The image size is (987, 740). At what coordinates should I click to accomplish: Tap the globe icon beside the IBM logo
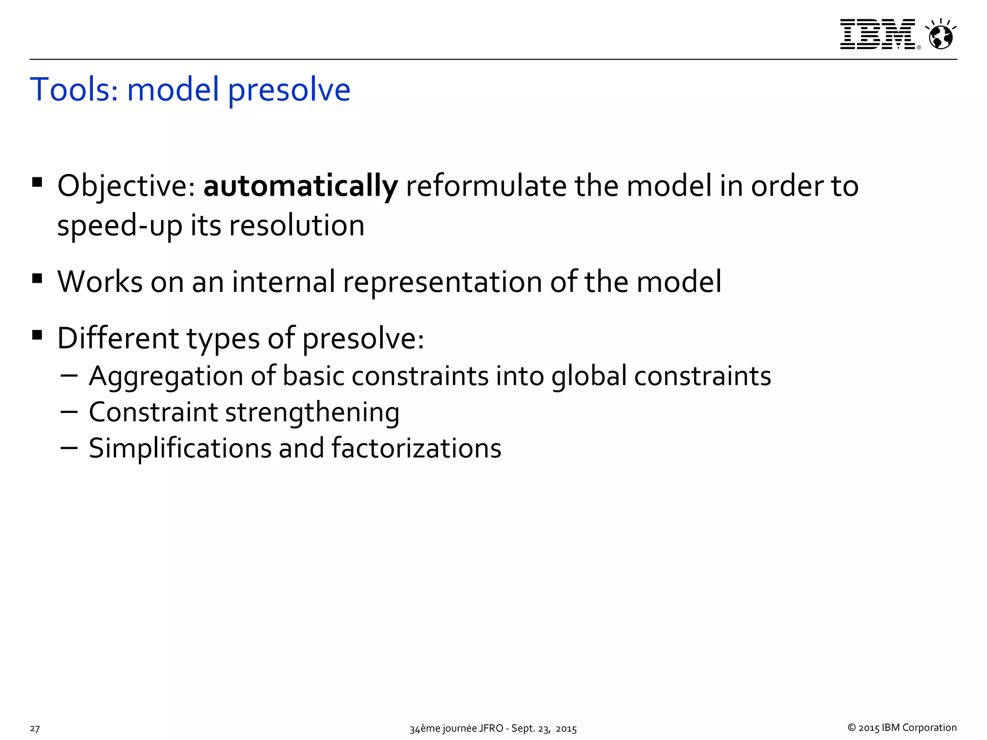[940, 35]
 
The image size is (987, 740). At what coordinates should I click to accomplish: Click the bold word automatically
[301, 186]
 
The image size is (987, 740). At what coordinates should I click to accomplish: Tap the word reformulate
[486, 186]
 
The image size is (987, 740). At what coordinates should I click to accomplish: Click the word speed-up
[120, 226]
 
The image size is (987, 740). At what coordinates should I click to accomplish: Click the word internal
[283, 281]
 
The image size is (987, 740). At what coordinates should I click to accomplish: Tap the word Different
[118, 338]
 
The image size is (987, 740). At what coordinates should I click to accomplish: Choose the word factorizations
[416, 448]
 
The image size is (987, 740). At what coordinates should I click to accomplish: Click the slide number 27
[35, 728]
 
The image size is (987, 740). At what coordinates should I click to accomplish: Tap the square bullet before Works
[37, 279]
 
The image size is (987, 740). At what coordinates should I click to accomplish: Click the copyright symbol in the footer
[852, 727]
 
